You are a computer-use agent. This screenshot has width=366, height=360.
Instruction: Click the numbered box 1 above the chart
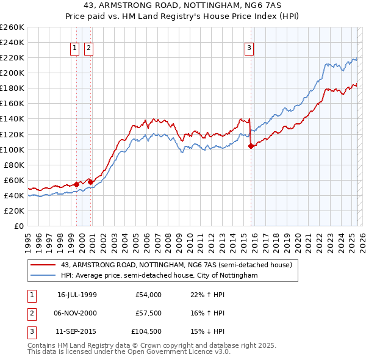coord(74,48)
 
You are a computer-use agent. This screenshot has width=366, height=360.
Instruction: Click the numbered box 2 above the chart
coord(88,48)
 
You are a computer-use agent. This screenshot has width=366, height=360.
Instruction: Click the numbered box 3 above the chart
coord(249,48)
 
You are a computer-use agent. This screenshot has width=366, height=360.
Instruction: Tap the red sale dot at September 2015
coord(251,146)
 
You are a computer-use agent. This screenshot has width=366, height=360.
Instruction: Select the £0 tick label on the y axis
coord(20,226)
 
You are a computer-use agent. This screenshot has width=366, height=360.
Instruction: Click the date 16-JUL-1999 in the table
coord(77,295)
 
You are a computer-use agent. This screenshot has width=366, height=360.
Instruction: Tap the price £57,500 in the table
coord(148,312)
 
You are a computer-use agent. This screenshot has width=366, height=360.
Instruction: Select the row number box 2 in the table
coord(31,312)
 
